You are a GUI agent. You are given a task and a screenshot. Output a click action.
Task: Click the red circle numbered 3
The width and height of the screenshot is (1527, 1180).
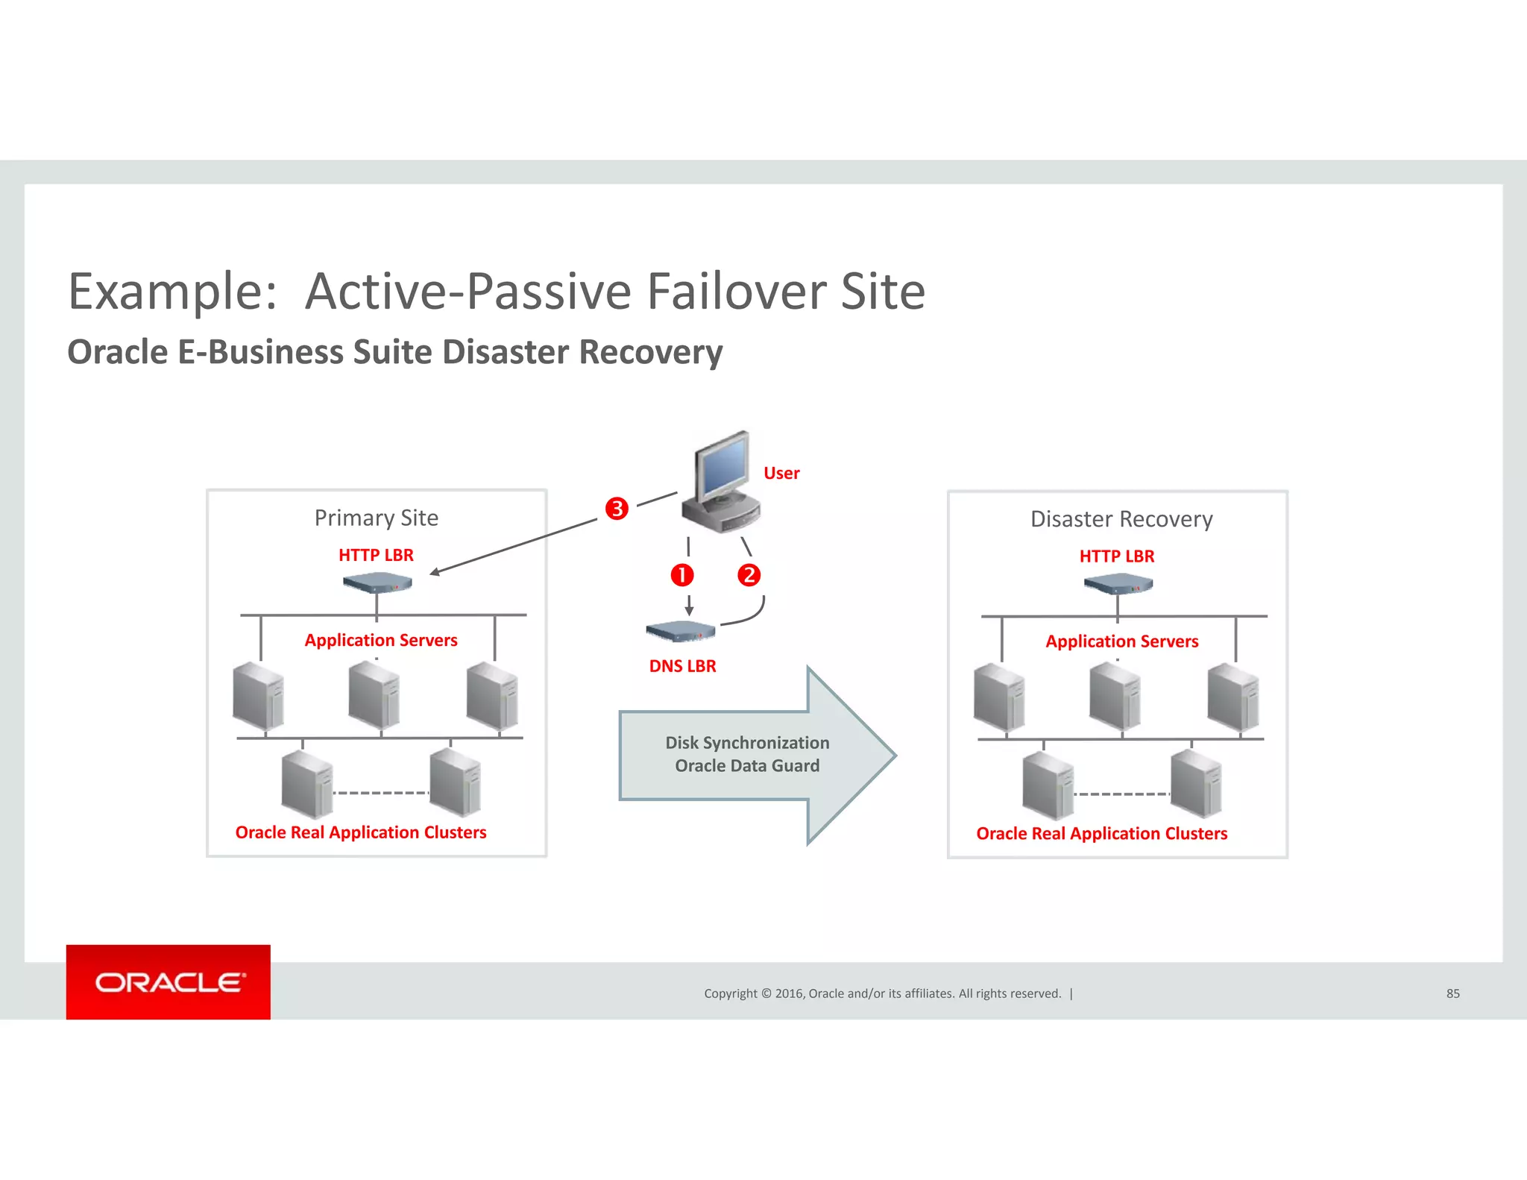click(x=617, y=509)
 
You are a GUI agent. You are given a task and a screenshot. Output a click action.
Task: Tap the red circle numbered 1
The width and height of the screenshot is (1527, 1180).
click(x=682, y=575)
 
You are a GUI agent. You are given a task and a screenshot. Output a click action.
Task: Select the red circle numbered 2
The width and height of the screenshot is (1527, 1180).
click(x=749, y=575)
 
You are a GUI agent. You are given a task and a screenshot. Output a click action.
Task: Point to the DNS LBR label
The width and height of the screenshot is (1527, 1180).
click(x=682, y=666)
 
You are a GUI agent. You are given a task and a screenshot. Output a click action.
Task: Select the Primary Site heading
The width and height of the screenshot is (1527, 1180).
click(x=376, y=518)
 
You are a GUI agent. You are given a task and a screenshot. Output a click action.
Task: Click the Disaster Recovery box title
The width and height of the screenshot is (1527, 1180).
click(x=1121, y=519)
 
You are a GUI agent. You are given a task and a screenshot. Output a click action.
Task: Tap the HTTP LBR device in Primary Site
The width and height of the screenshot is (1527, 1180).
click(x=377, y=583)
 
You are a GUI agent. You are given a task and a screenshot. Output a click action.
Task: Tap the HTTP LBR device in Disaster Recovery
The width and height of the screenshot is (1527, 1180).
click(x=1118, y=583)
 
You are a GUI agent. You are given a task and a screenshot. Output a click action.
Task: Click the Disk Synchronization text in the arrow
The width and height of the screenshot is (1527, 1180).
click(x=747, y=743)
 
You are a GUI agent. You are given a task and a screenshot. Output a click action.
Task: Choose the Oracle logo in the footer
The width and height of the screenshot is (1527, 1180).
click(x=169, y=982)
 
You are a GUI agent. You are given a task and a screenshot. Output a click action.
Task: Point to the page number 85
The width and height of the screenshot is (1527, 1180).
click(x=1452, y=994)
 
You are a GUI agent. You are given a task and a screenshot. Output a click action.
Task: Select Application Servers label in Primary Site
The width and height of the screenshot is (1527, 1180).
click(x=381, y=640)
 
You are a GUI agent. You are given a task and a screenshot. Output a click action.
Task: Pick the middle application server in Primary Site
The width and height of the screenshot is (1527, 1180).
click(x=374, y=696)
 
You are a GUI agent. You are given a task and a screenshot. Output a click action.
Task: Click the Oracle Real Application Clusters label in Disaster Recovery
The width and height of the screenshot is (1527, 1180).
click(x=1101, y=833)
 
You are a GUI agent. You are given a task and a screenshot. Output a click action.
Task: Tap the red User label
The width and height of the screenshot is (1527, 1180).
click(x=781, y=473)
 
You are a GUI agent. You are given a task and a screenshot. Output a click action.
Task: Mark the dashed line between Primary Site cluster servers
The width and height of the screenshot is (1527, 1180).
click(x=381, y=793)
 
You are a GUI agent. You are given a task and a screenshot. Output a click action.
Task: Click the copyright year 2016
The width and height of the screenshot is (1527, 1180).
click(x=789, y=994)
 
